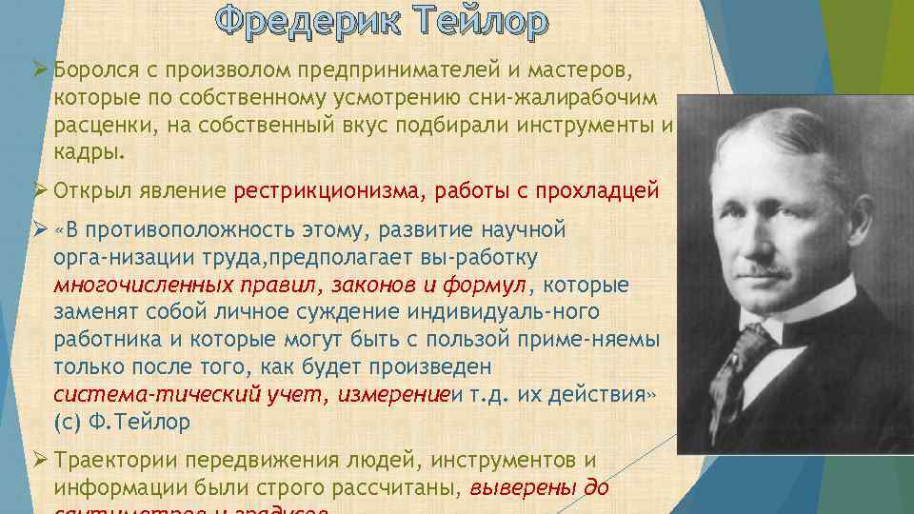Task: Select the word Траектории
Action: pyautogui.click(x=116, y=461)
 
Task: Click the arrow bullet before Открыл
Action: pyautogui.click(x=40, y=190)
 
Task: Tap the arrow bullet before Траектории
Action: pyautogui.click(x=40, y=461)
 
